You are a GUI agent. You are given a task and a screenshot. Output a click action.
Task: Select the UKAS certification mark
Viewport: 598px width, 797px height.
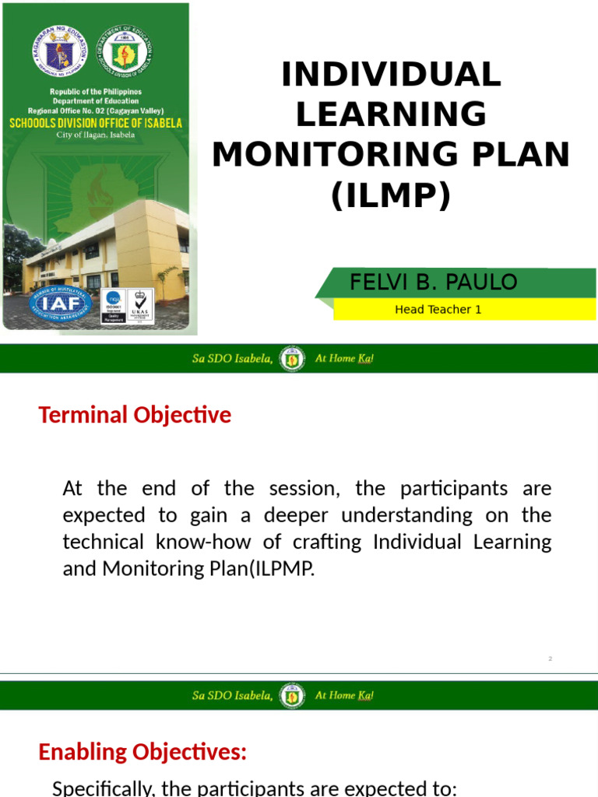140,306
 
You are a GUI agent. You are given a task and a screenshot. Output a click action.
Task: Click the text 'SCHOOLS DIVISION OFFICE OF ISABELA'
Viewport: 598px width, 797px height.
96,123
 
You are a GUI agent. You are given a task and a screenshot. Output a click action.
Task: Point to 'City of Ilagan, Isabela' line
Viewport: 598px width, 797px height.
96,135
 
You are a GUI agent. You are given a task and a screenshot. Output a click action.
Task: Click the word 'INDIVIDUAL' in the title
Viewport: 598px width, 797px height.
391,75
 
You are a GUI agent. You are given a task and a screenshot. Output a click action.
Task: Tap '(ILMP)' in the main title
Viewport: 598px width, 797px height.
391,195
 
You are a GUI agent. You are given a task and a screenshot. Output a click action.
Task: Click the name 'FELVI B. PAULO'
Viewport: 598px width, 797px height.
434,282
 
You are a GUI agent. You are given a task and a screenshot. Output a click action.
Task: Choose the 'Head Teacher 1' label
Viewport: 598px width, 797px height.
438,309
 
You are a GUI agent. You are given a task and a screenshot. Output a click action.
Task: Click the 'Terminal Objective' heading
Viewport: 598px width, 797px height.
135,415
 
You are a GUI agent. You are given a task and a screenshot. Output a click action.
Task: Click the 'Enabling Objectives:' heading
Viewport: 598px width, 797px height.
142,752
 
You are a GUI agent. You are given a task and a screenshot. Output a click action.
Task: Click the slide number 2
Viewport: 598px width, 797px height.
550,659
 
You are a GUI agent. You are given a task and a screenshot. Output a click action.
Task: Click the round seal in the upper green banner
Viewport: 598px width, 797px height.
293,360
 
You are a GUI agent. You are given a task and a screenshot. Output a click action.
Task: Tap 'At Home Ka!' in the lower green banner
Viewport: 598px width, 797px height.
344,695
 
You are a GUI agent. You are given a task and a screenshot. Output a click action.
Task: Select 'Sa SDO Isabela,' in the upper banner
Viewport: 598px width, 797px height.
232,360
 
